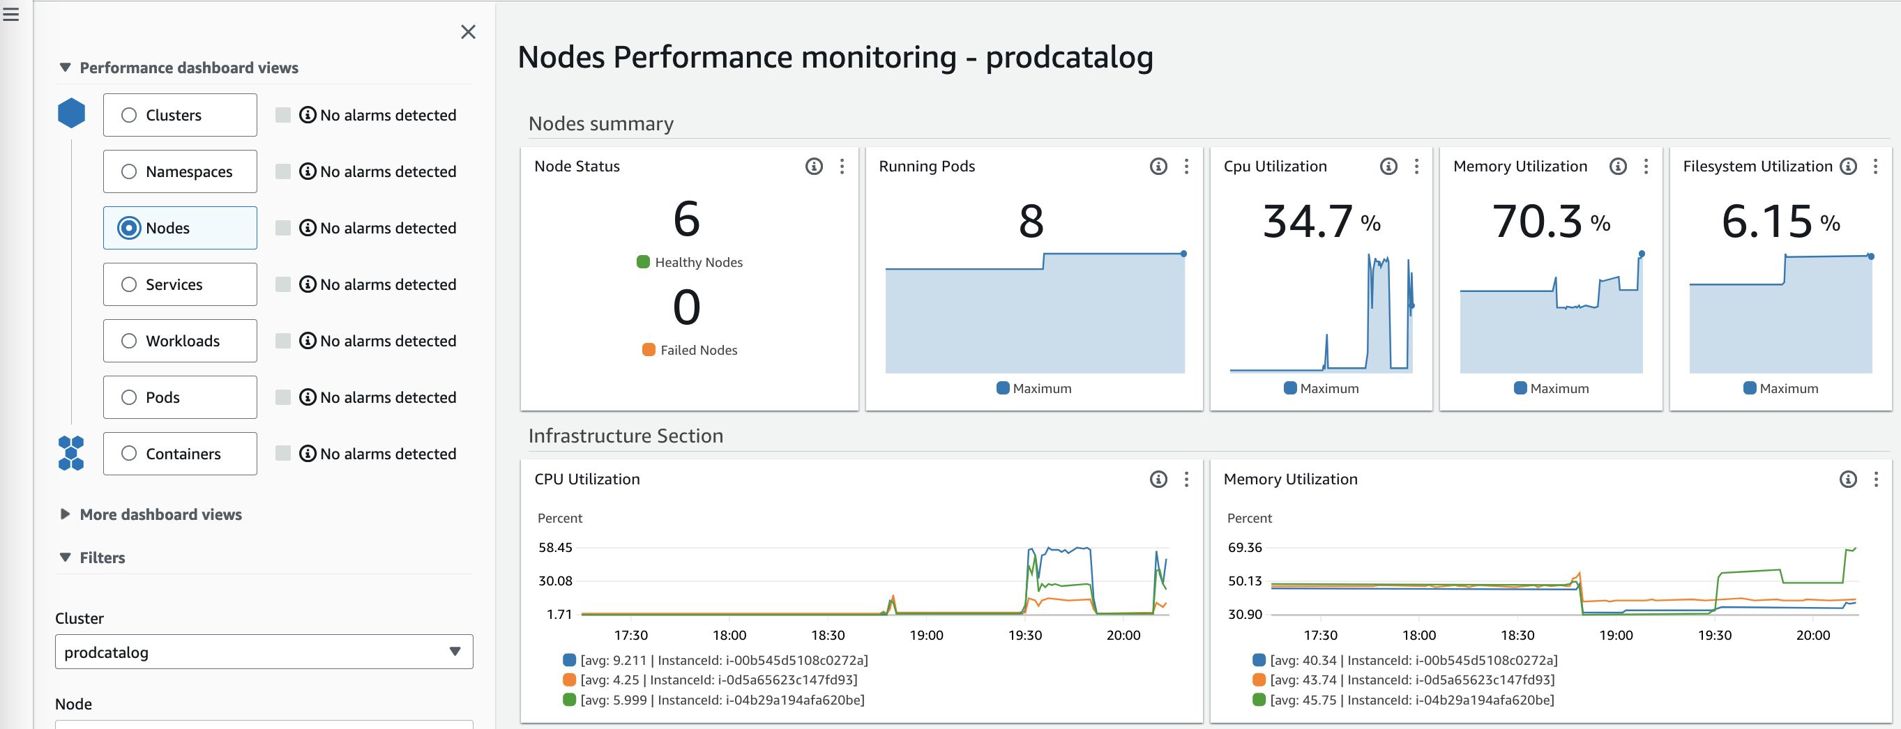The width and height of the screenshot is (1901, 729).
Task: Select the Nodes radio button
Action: click(129, 228)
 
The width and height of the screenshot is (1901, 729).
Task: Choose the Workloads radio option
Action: click(129, 341)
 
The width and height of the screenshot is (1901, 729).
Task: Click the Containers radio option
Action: click(129, 454)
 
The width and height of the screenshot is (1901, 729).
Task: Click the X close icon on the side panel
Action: click(468, 32)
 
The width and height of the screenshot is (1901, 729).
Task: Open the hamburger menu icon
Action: click(11, 14)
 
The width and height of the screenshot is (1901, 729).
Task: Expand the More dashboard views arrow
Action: click(65, 514)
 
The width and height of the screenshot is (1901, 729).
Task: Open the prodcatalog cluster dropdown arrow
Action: click(455, 652)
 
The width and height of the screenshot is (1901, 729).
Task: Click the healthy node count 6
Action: click(686, 219)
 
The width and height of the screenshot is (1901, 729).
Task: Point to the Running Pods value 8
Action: click(1031, 222)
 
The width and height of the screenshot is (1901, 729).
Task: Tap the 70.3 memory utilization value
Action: click(1537, 222)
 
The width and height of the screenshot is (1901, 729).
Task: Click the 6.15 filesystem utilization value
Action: click(1766, 222)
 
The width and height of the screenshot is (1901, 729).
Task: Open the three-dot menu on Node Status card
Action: click(842, 167)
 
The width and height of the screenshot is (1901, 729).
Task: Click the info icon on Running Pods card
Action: click(1158, 167)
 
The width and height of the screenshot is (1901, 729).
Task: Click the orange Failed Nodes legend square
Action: click(649, 350)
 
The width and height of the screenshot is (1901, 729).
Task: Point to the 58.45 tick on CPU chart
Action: click(555, 548)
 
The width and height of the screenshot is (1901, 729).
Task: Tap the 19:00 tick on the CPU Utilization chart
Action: click(926, 636)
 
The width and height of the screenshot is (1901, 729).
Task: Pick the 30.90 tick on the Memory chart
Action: click(1245, 614)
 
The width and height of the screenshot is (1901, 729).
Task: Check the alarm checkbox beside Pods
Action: click(282, 397)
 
